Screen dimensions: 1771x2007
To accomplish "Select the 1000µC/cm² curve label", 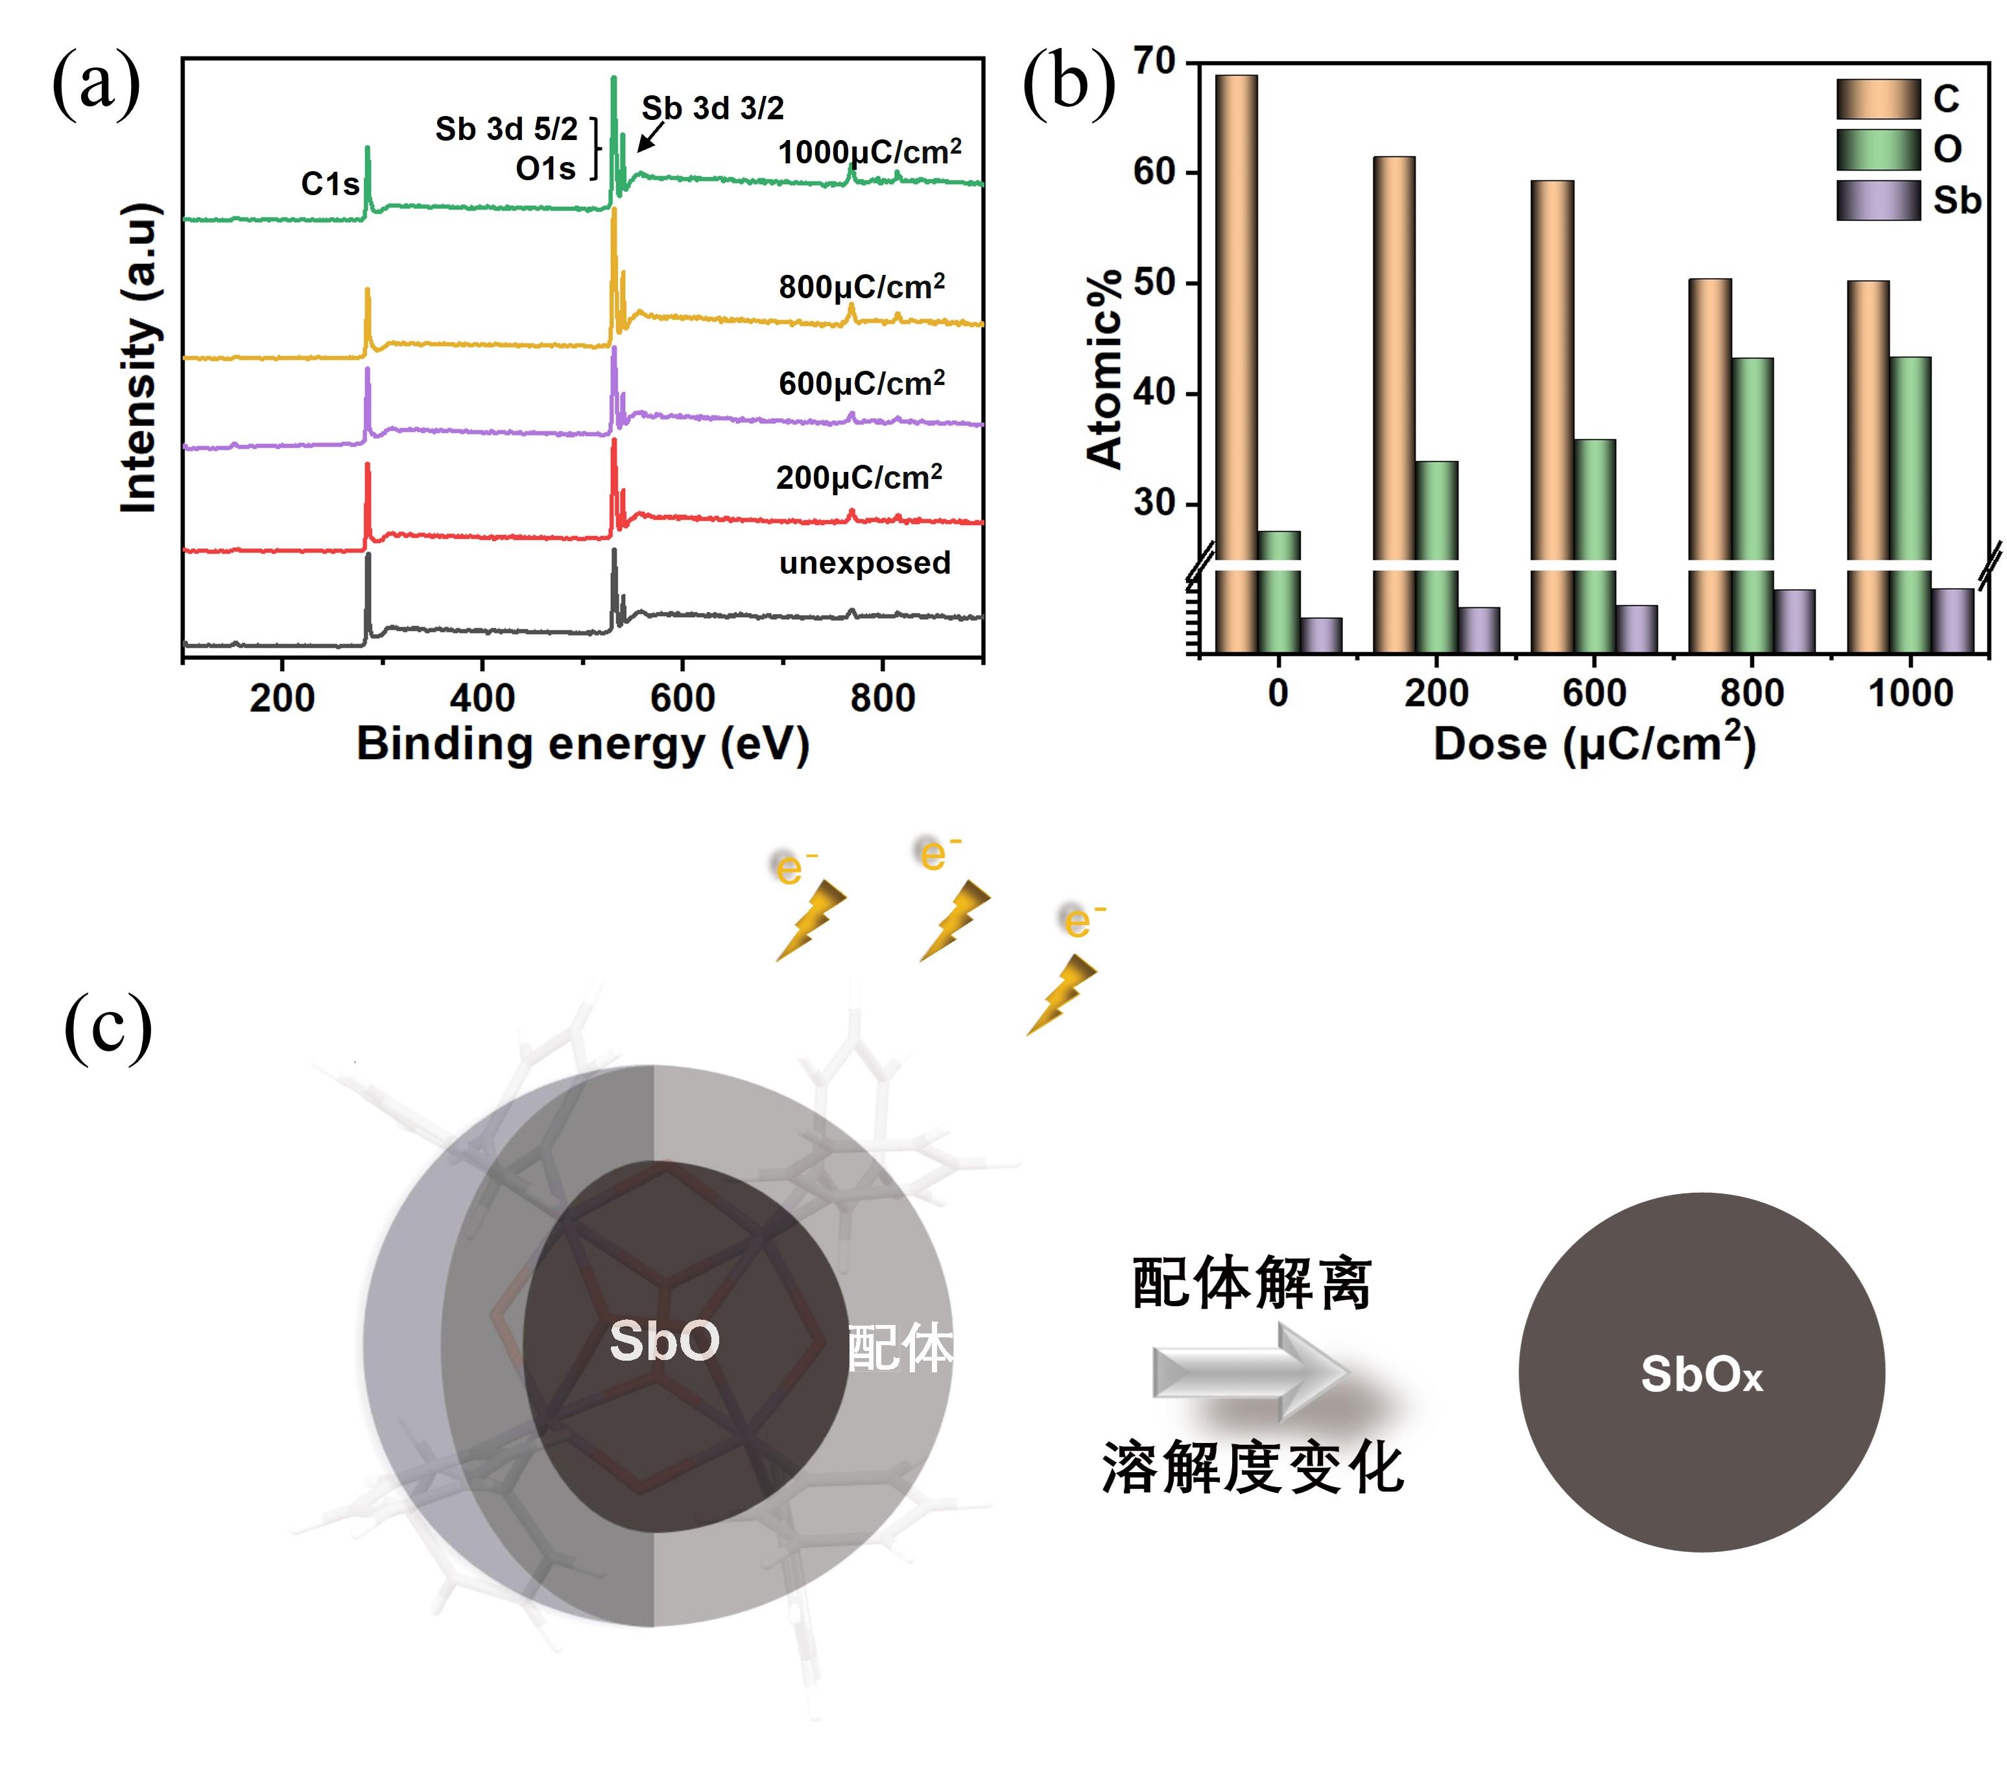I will click(869, 152).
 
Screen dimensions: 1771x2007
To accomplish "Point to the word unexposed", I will click(864, 563).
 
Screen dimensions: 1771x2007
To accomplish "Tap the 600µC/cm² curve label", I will click(861, 383).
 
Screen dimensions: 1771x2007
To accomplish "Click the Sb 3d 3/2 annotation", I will click(713, 108).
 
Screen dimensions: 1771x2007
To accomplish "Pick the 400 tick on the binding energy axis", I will click(482, 698).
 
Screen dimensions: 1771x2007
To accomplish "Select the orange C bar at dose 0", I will click(1236, 314).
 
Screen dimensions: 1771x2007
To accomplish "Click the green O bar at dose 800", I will click(1752, 462).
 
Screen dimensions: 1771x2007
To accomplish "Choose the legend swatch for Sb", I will click(1877, 200).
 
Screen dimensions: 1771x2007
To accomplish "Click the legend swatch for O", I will click(1877, 149).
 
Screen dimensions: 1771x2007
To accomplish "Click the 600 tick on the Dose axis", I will click(1594, 693).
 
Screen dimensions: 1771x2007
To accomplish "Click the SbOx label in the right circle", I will click(1702, 1376).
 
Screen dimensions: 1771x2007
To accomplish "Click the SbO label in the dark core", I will click(665, 1341).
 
